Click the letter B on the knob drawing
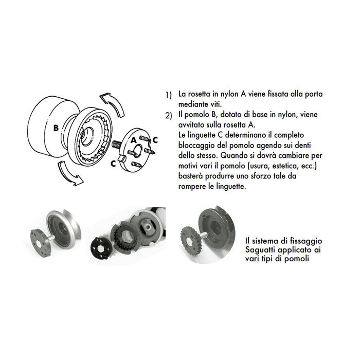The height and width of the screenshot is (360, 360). click(x=56, y=128)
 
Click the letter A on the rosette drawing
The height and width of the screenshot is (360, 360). click(x=133, y=139)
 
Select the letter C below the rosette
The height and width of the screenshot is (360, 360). click(x=114, y=163)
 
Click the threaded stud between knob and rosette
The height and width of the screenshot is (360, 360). click(x=117, y=145)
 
